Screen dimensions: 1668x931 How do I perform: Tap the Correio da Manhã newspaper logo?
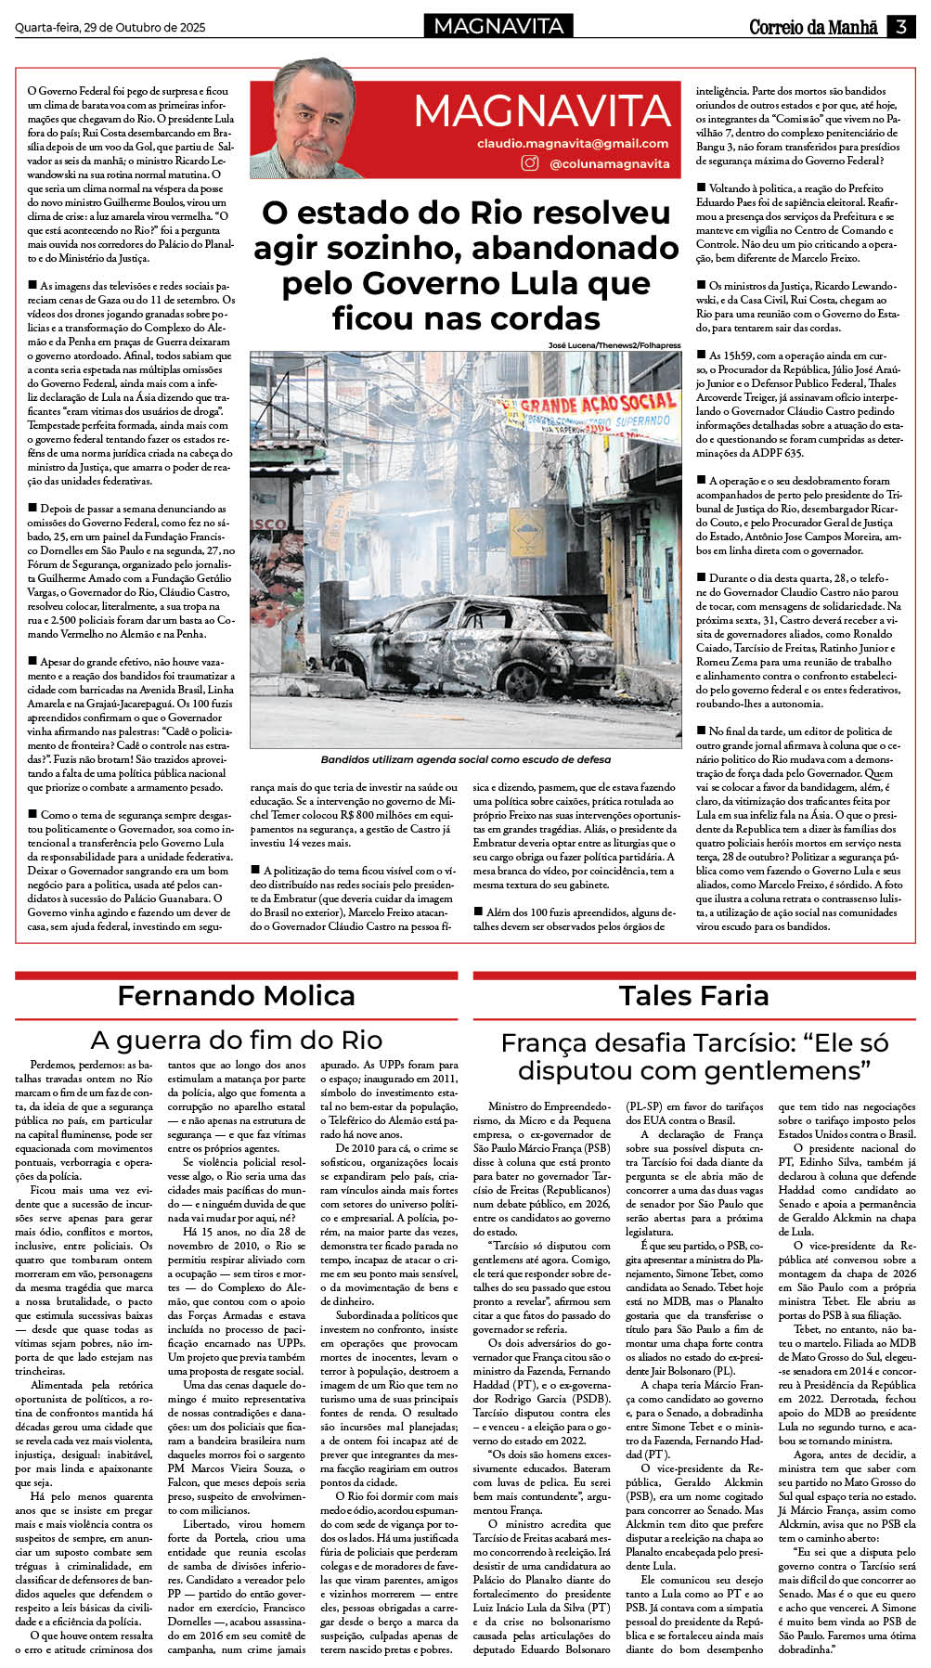tap(813, 27)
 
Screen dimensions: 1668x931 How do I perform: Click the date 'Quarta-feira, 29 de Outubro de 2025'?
tap(110, 28)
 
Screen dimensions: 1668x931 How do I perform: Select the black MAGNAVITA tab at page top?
tap(498, 26)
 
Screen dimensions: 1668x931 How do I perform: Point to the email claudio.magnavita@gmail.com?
tap(573, 144)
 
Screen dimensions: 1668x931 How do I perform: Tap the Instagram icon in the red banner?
tap(529, 163)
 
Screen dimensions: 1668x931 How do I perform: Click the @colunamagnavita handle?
tap(609, 164)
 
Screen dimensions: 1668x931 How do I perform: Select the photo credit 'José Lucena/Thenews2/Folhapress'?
tap(614, 345)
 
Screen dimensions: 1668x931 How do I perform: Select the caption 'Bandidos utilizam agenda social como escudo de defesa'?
tap(465, 760)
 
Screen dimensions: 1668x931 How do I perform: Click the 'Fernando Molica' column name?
tap(236, 996)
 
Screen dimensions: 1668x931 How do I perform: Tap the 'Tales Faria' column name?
tap(693, 996)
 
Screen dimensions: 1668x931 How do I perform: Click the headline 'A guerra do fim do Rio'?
tap(236, 1040)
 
